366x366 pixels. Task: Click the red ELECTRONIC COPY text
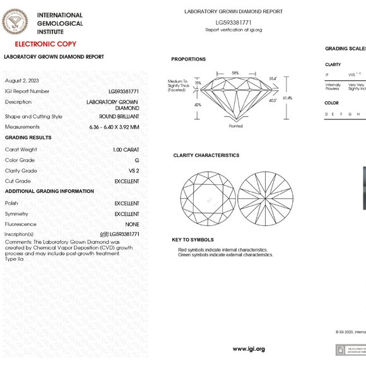45,44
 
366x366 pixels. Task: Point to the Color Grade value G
137,160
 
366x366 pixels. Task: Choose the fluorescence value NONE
133,224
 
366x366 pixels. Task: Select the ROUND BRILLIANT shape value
119,116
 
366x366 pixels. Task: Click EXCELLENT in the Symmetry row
127,214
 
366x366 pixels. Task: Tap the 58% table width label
235,74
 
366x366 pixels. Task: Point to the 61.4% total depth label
287,98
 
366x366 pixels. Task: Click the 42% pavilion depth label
198,105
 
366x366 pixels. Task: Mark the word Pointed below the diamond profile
235,126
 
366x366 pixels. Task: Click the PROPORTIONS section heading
188,59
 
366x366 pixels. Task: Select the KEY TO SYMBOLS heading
192,240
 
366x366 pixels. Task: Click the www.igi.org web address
249,349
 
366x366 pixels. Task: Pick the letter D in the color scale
326,114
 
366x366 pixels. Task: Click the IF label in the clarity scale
327,74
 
